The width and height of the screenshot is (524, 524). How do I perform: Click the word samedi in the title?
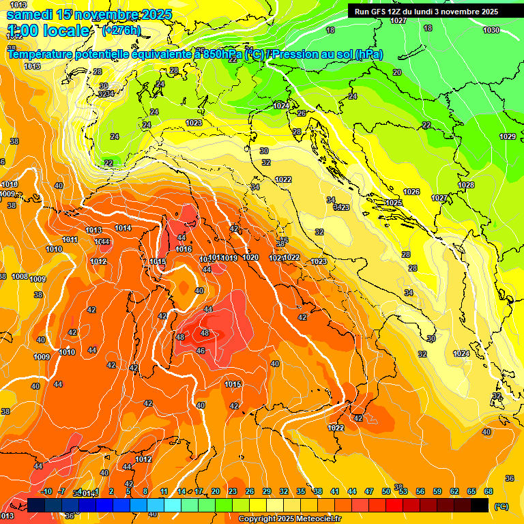30,14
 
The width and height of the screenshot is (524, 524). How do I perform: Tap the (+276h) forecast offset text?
121,31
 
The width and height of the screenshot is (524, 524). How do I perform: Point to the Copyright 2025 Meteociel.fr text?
290,519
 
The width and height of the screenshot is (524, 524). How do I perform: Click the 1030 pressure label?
491,30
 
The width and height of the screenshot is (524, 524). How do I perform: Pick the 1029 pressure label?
508,136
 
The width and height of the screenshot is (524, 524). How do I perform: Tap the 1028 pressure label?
466,185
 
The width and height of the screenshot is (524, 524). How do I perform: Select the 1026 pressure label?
411,192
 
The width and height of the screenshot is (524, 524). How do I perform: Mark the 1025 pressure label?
394,203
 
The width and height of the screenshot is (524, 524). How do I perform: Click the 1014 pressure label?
123,228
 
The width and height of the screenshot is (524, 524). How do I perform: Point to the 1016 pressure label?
184,249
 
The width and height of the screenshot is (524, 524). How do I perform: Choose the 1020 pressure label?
250,257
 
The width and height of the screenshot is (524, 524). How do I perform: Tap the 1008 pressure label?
20,276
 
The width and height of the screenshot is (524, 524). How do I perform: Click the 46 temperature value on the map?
200,351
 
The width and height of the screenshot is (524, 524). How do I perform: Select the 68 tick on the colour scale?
489,491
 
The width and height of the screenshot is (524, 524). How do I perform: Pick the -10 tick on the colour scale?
47,491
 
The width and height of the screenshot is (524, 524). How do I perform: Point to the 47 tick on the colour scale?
369,491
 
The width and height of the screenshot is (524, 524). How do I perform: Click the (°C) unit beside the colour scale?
501,506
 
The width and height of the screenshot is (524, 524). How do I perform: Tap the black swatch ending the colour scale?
480,505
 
